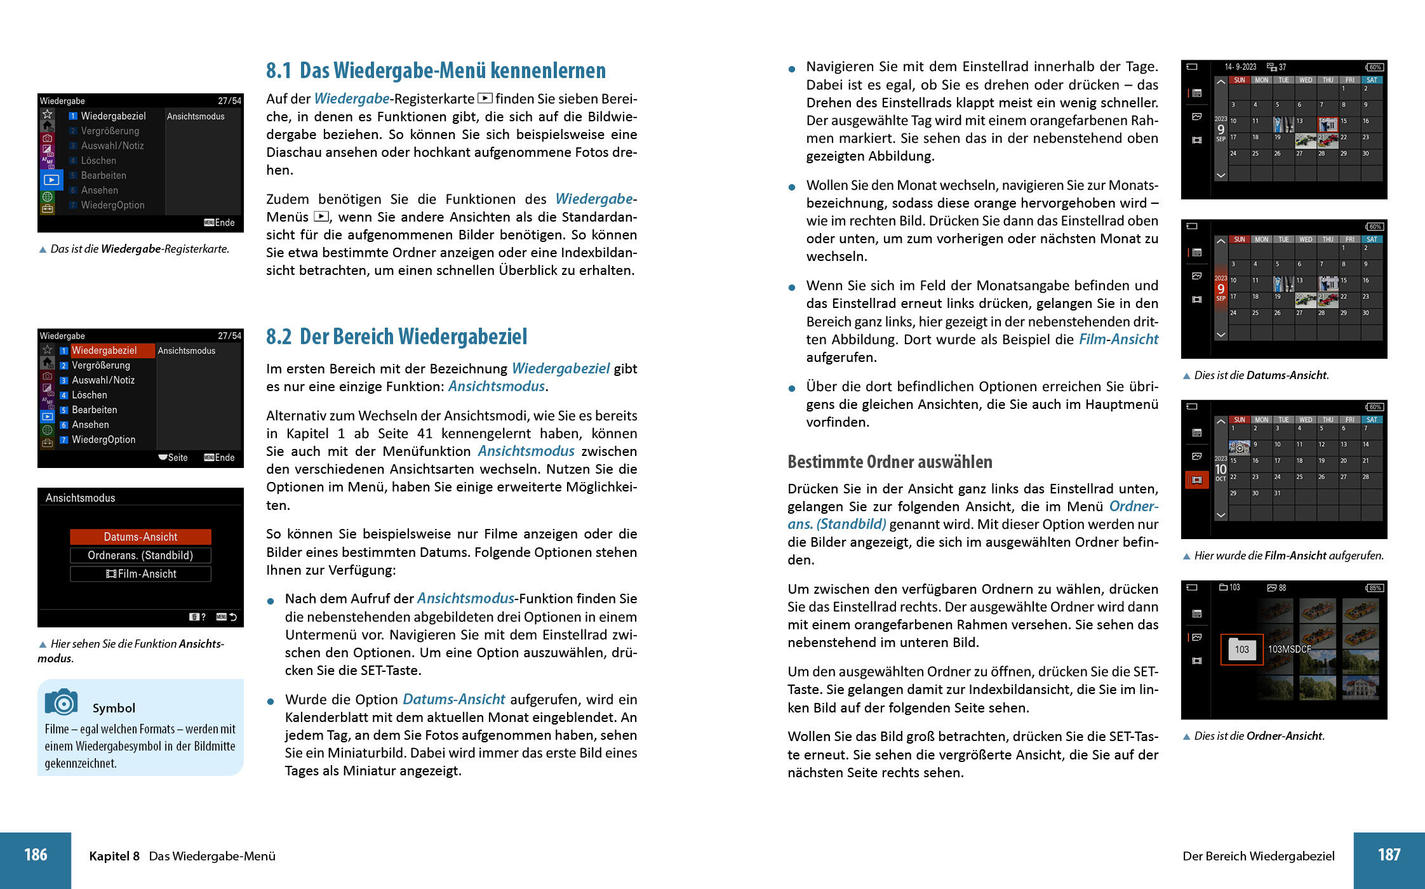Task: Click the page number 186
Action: [x=36, y=855]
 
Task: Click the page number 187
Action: [x=1389, y=855]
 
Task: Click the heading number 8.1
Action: [x=278, y=70]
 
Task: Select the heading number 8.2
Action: [x=278, y=337]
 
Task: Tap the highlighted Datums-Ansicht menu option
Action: [x=140, y=537]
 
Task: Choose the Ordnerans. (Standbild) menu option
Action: [x=140, y=556]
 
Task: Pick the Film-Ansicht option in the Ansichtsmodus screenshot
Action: [x=140, y=574]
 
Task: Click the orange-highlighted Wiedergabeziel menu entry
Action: [x=105, y=351]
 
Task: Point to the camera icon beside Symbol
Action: [x=61, y=702]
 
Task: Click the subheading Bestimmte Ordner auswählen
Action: [x=890, y=462]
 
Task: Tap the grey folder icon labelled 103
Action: [x=1241, y=650]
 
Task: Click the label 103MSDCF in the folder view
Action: [x=1289, y=650]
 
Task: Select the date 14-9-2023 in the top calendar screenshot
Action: [x=1240, y=67]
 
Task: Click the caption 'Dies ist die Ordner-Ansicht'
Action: [x=1259, y=736]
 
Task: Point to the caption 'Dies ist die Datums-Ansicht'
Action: [x=1261, y=375]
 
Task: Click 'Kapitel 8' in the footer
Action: [x=114, y=856]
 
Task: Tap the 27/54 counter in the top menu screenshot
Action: [x=229, y=101]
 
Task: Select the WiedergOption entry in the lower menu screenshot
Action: [x=104, y=439]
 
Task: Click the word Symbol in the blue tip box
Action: [x=114, y=708]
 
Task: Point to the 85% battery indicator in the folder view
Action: [x=1374, y=588]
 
